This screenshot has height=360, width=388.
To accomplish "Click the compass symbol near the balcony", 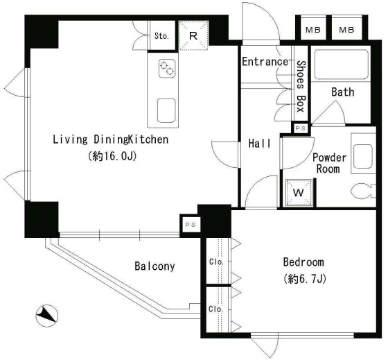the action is click(x=47, y=316).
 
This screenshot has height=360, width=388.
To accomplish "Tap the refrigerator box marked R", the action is click(x=193, y=35).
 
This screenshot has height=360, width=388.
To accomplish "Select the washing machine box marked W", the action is click(x=299, y=193).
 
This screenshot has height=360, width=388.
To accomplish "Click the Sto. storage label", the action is click(x=161, y=36).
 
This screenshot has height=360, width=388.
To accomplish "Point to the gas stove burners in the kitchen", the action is click(x=167, y=69).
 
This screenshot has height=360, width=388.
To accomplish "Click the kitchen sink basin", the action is click(x=166, y=110).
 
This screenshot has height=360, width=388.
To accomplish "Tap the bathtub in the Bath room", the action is click(x=341, y=65).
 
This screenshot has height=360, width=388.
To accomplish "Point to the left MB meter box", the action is click(x=313, y=30).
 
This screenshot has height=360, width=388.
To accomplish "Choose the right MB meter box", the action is click(x=346, y=30).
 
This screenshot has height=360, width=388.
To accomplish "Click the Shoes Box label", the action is click(x=301, y=86).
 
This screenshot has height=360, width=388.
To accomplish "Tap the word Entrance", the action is click(x=265, y=62).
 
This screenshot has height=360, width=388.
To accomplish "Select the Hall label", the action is click(x=260, y=144).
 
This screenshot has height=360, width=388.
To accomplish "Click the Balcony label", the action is click(x=155, y=266).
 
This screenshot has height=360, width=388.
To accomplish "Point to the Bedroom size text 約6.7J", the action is click(x=305, y=279).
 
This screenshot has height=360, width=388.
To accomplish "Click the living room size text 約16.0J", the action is click(x=112, y=156).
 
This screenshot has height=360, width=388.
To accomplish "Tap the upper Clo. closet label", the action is click(x=216, y=262).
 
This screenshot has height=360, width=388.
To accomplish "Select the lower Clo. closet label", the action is click(x=215, y=309).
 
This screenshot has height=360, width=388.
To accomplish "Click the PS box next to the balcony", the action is click(x=191, y=225).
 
